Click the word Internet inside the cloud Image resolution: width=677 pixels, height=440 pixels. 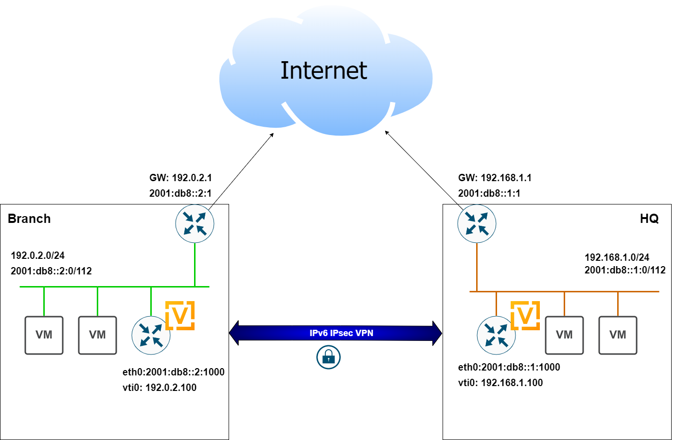pyautogui.click(x=323, y=70)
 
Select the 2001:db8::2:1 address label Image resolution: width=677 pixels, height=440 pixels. pyautogui.click(x=180, y=193)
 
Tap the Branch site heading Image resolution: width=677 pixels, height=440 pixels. pyautogui.click(x=29, y=219)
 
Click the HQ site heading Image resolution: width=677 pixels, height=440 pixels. pyautogui.click(x=649, y=219)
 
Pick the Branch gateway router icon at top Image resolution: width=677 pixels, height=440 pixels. pyautogui.click(x=195, y=223)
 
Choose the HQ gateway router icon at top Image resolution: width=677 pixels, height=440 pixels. pyautogui.click(x=477, y=223)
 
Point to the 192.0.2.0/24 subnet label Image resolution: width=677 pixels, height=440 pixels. pyautogui.click(x=37, y=255)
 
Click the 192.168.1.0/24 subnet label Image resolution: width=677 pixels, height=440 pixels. pyautogui.click(x=617, y=257)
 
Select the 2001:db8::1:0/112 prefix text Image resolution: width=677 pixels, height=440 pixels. pyautogui.click(x=625, y=270)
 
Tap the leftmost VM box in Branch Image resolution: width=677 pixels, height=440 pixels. pyautogui.click(x=44, y=335)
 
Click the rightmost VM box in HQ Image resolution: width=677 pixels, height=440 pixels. pyautogui.click(x=618, y=335)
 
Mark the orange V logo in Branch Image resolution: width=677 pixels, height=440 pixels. pyautogui.click(x=180, y=316)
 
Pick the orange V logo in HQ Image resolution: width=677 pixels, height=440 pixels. pyautogui.click(x=525, y=316)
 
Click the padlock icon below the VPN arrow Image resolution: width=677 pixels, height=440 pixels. pyautogui.click(x=328, y=358)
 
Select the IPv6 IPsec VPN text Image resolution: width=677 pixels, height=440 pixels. pyautogui.click(x=341, y=333)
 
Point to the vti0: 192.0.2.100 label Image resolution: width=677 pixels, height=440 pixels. pyautogui.click(x=160, y=388)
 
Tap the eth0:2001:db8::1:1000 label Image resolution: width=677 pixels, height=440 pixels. pyautogui.click(x=509, y=367)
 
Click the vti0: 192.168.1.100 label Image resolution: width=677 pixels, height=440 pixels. pyautogui.click(x=500, y=383)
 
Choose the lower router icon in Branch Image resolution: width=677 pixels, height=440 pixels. pyautogui.click(x=151, y=335)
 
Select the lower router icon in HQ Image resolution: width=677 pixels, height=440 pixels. pyautogui.click(x=496, y=335)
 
